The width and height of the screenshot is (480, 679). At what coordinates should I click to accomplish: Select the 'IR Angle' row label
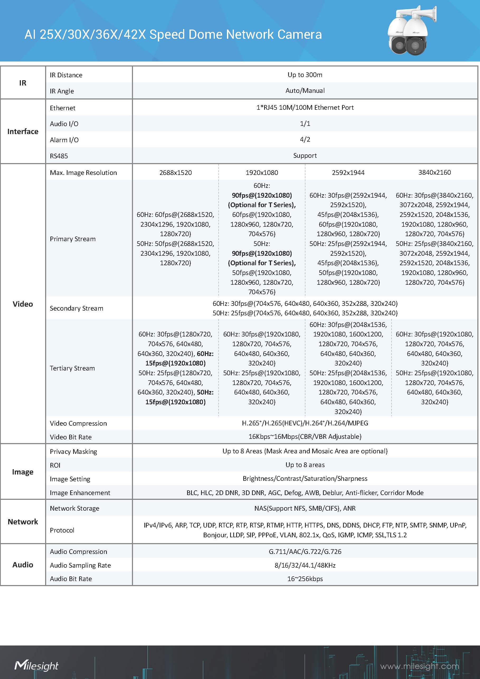(x=62, y=91)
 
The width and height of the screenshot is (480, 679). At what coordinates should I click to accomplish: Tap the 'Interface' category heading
(x=23, y=131)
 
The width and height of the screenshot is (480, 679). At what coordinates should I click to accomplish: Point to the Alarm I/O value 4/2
(x=305, y=139)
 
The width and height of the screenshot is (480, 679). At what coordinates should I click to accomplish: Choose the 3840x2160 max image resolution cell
(x=434, y=172)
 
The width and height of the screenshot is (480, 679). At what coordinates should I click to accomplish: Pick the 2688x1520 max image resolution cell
(x=175, y=173)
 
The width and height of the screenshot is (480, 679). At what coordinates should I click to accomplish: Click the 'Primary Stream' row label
(x=73, y=239)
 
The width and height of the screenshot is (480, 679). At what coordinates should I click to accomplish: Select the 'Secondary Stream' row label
(x=76, y=308)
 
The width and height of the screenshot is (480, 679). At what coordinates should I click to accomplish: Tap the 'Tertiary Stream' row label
(x=72, y=368)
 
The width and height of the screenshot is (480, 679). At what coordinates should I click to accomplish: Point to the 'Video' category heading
(x=23, y=304)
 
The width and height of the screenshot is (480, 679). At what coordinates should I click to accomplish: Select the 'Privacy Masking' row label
(x=73, y=452)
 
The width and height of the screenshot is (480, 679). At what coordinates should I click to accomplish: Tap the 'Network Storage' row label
(x=74, y=508)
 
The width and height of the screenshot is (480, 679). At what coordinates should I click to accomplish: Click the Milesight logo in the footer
(x=36, y=665)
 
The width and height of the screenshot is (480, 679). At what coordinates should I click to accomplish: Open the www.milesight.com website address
(x=419, y=666)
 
